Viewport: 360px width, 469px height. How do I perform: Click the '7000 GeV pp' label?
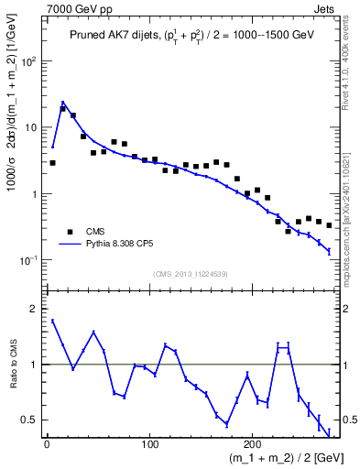click(x=72, y=7)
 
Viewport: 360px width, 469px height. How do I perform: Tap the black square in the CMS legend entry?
click(x=68, y=232)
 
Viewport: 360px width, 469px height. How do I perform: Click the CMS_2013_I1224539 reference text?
click(x=191, y=273)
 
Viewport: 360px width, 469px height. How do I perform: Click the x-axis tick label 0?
click(x=47, y=445)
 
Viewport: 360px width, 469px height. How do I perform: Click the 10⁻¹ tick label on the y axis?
click(x=30, y=260)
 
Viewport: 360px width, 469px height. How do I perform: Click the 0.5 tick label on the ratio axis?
click(x=30, y=420)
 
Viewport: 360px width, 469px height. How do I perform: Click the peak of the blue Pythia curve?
click(x=63, y=102)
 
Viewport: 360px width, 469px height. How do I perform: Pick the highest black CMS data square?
click(x=63, y=108)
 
